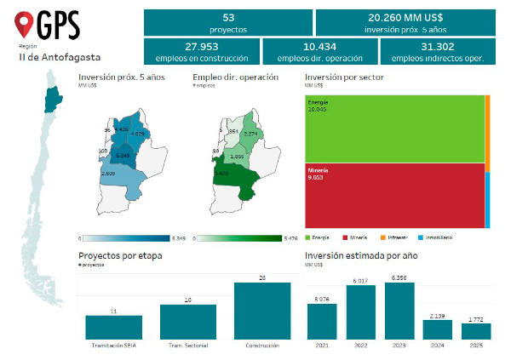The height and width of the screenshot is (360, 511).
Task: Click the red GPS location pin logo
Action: [27, 23]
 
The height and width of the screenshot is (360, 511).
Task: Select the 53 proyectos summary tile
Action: [228, 22]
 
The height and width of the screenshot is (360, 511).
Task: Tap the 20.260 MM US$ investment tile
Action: [405, 22]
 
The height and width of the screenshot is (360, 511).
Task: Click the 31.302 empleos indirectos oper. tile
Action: [437, 51]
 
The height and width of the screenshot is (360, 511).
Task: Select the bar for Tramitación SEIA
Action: [113, 328]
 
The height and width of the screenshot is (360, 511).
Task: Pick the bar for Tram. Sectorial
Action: [187, 323]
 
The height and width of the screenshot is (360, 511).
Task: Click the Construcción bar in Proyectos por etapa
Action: [261, 311]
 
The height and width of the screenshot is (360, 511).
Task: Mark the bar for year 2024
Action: [437, 329]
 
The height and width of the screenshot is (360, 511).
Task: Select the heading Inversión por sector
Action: [343, 77]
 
